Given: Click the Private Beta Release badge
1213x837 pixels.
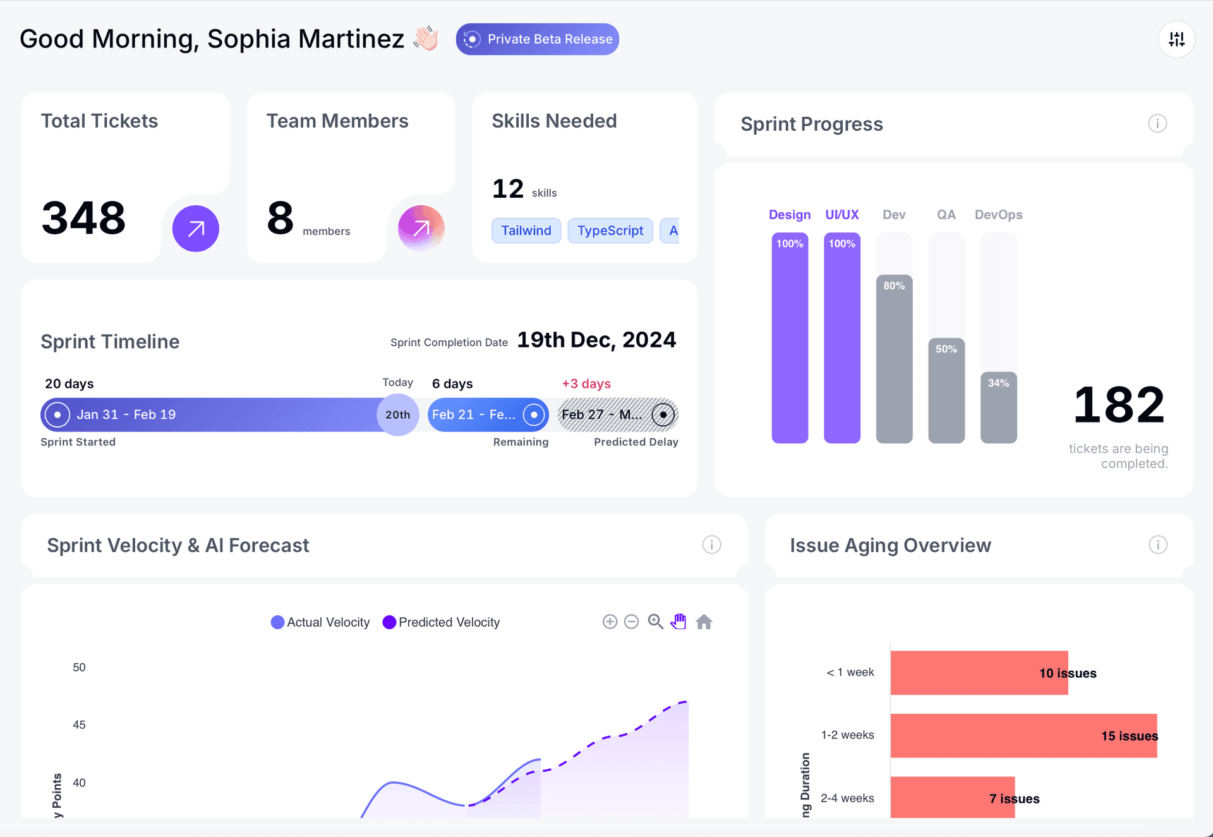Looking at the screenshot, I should (537, 39).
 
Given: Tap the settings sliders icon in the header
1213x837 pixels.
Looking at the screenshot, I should (1176, 39).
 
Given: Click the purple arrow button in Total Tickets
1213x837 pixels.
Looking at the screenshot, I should (196, 229).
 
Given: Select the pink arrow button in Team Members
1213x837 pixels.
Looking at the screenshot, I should (421, 228).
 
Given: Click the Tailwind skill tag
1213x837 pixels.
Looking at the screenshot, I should (526, 231).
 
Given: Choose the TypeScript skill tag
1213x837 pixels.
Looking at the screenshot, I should (610, 231).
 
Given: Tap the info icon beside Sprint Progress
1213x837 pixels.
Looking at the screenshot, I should (1157, 124).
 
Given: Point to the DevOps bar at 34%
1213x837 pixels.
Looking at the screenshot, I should (998, 407).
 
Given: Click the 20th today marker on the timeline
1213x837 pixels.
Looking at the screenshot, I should (397, 415).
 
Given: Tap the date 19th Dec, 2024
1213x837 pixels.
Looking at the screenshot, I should (596, 340).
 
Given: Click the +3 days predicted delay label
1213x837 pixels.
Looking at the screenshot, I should (586, 383).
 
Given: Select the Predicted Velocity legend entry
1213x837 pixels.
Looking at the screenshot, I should (442, 622).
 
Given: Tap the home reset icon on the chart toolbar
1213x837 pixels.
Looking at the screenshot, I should (704, 622).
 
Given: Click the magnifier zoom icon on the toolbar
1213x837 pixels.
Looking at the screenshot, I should (655, 622).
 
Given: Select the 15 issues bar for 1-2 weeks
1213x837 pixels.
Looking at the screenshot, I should (1023, 736).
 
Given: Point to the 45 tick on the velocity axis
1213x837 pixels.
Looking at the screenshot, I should (79, 725).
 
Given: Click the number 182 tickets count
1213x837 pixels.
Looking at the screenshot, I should (1118, 405).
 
